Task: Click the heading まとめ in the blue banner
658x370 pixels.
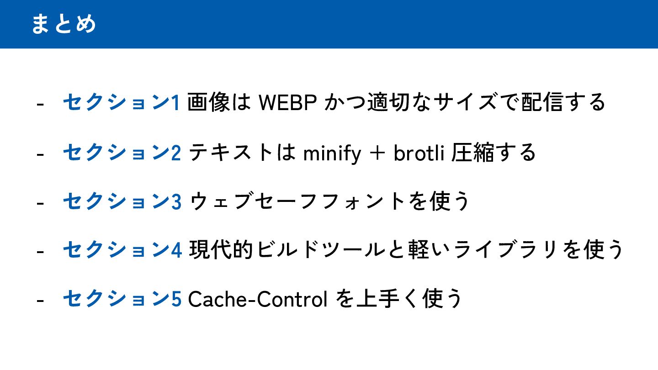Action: coord(64,24)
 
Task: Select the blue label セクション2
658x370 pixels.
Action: coord(122,153)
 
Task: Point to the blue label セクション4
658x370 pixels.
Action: coord(122,250)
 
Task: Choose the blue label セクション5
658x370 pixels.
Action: coord(122,299)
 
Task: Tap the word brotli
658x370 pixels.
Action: coord(419,153)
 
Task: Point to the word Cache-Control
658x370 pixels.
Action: coord(258,299)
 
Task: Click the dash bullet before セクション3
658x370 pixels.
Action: coord(40,203)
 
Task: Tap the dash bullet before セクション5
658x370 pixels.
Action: coord(40,300)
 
